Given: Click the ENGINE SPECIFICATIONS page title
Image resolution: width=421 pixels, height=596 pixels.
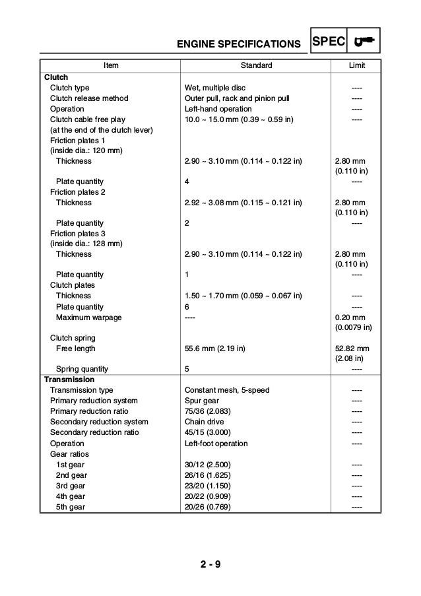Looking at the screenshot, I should coord(239,45).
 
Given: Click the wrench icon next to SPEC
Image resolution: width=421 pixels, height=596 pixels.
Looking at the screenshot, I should coord(363,42).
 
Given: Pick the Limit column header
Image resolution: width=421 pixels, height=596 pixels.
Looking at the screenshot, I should coord(356,66).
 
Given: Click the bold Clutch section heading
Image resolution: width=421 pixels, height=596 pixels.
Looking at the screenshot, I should coord(55,77).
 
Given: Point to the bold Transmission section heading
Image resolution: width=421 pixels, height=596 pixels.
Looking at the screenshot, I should coord(69,380).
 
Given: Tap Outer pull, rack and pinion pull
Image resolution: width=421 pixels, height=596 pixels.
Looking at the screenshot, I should coord(237,98).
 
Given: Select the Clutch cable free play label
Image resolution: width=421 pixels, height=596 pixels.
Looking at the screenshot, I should coord(87,119).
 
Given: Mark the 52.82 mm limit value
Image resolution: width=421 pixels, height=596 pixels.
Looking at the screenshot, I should coord(352,348).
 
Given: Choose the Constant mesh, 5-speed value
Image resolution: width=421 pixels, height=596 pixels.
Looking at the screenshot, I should coord(227,390).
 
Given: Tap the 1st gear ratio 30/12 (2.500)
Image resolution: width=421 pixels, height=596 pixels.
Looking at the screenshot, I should coord(209,465).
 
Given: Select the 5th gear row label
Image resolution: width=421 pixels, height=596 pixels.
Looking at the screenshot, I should coord(71,507).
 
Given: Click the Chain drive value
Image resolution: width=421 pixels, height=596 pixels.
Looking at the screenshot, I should coord(204,422).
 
